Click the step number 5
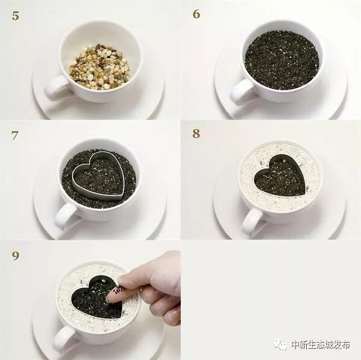coord(16,16)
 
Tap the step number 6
coord(196,14)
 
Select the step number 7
coord(14,135)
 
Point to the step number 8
coord(196,134)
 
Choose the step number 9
coord(15,256)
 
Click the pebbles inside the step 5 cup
coord(100,67)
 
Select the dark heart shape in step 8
coord(280,176)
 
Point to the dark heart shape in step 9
coord(96,297)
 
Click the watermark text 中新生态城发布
coord(321,344)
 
